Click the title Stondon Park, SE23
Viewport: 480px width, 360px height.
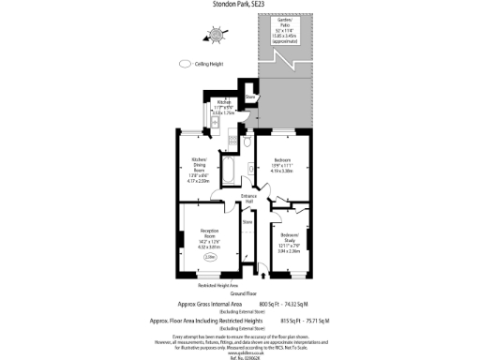click(x=240, y=5)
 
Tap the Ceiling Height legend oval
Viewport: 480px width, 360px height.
click(x=185, y=65)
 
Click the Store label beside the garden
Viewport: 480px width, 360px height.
click(x=250, y=97)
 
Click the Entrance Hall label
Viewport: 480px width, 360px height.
click(x=248, y=198)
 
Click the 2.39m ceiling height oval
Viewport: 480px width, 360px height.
click(x=210, y=257)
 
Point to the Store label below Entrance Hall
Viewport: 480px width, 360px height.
click(x=247, y=222)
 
